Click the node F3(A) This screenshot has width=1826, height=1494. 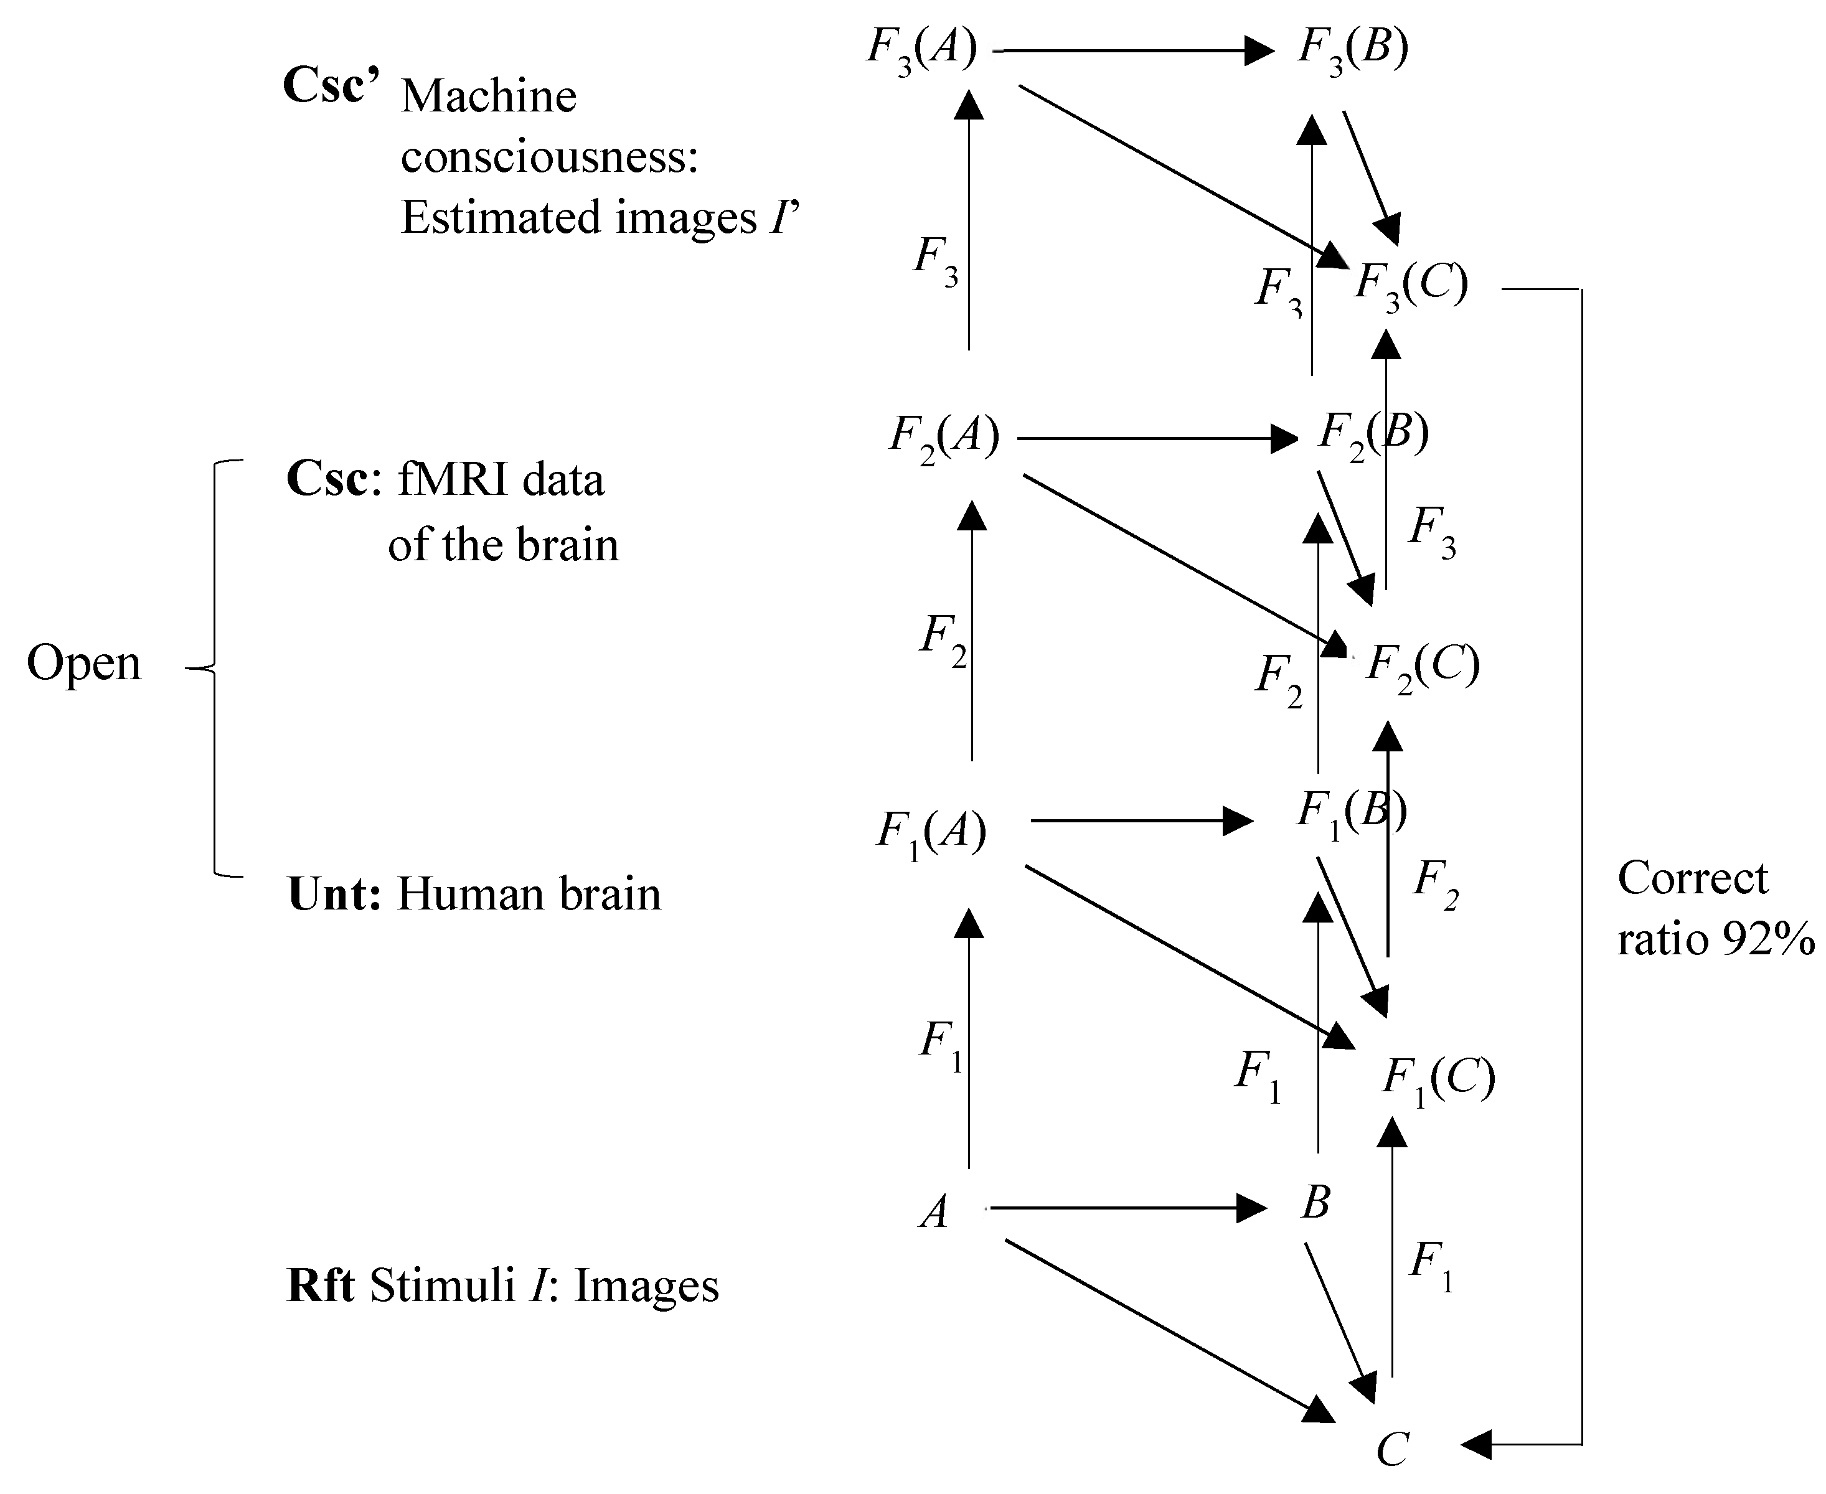coord(921,50)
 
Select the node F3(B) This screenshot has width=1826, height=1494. coord(1353,50)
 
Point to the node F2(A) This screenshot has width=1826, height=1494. coord(944,437)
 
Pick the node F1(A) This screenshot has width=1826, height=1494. coord(931,833)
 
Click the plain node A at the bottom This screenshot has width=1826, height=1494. coord(934,1213)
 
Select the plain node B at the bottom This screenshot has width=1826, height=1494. coord(1315,1202)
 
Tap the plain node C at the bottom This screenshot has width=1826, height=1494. coord(1392,1449)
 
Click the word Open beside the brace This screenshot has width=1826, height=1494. coord(83,664)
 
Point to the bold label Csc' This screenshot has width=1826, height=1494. coord(331,85)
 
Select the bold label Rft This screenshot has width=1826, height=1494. coord(320,1285)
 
